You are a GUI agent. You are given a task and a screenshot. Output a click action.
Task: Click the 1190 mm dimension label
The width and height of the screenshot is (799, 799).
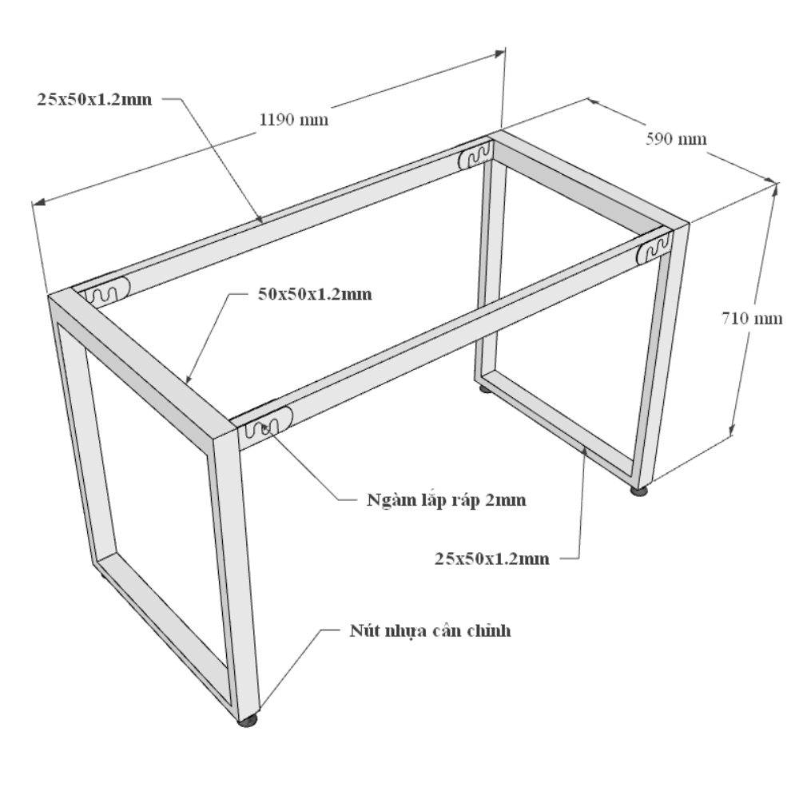click(x=293, y=120)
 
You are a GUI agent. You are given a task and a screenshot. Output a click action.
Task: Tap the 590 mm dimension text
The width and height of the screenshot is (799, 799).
click(x=676, y=138)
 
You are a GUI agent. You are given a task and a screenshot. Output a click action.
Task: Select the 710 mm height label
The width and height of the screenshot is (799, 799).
click(x=752, y=318)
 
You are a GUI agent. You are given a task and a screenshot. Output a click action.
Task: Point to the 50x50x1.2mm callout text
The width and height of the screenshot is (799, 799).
click(x=315, y=294)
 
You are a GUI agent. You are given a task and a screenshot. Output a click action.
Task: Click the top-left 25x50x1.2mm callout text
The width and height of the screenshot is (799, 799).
click(x=94, y=99)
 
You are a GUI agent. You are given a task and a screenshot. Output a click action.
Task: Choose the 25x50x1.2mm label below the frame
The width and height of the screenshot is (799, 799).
click(x=491, y=559)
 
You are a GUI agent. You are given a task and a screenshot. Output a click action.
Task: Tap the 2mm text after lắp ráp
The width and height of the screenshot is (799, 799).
click(x=506, y=500)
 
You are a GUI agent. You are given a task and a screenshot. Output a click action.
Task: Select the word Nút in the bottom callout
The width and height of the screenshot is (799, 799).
click(x=362, y=630)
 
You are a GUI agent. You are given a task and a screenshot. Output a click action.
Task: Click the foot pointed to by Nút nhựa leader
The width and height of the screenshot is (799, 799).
click(x=247, y=721)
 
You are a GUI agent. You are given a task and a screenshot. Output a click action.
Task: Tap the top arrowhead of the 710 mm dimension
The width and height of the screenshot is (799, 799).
click(x=775, y=190)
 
